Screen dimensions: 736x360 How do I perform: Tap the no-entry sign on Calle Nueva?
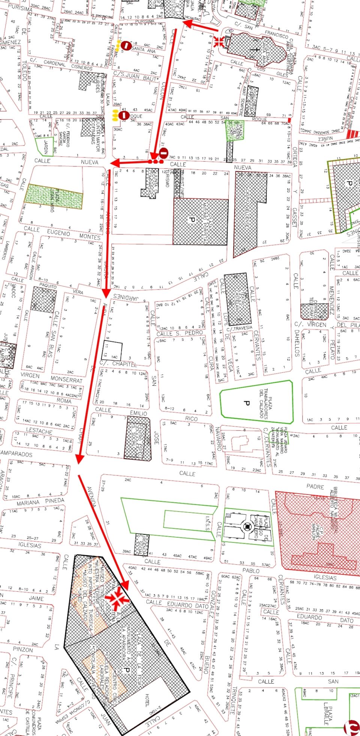[x=163, y=153]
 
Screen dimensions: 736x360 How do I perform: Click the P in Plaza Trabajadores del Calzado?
[x=246, y=403]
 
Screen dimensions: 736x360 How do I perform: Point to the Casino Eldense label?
[x=247, y=212]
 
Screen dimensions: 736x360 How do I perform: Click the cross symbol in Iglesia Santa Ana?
[x=255, y=49]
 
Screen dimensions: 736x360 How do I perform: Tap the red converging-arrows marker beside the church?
[x=219, y=41]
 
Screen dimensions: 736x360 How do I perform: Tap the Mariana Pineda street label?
[x=40, y=502]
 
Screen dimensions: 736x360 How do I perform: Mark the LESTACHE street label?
[x=39, y=431]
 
